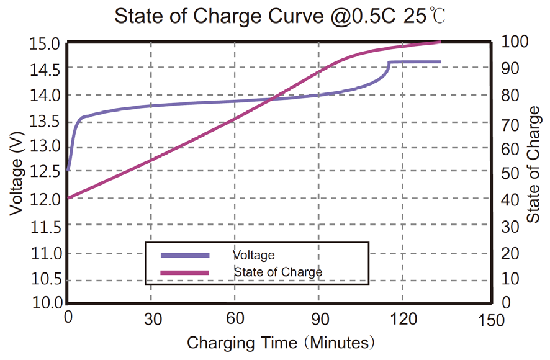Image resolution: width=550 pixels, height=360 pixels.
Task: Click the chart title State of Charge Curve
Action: (219, 16)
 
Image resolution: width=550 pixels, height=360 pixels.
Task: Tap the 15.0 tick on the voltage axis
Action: (45, 45)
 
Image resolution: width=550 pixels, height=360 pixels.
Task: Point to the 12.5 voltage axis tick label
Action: (45, 172)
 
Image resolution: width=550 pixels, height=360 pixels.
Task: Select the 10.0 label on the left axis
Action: (47, 302)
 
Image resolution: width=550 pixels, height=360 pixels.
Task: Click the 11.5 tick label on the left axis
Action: (46, 228)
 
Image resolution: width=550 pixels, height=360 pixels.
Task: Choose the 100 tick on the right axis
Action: (515, 42)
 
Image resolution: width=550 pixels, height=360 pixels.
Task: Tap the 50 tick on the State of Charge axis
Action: (510, 174)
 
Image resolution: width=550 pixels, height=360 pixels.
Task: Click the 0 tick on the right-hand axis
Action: (506, 302)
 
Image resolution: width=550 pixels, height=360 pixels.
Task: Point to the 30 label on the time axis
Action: (153, 319)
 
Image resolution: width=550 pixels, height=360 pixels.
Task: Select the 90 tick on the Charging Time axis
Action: (320, 319)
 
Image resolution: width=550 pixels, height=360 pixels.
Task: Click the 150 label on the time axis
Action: (491, 320)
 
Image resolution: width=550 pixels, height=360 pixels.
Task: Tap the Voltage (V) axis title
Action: (17, 174)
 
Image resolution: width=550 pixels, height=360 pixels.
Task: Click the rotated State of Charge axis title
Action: (533, 164)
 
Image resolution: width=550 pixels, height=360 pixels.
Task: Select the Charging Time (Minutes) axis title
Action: (281, 343)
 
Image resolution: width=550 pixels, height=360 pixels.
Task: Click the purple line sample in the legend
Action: (185, 256)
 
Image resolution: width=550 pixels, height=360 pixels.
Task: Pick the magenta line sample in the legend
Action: (185, 272)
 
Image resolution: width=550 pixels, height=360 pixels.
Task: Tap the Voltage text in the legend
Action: (254, 255)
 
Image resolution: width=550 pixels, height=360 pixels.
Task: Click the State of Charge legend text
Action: (278, 272)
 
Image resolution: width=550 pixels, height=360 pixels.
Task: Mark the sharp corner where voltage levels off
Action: (389, 62)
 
